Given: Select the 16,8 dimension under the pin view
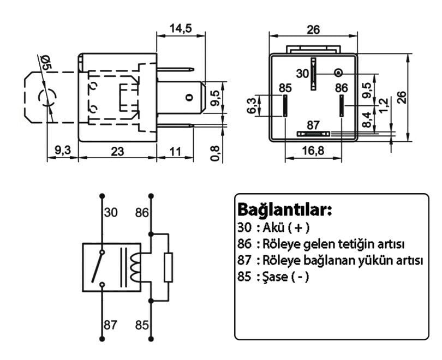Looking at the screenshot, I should pos(313,151).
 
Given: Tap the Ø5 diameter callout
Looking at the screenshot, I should pos(46,61).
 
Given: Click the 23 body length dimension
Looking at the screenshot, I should pos(117,151).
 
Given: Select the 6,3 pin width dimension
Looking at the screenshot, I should pos(252,105).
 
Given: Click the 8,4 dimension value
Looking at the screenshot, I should pos(369,119).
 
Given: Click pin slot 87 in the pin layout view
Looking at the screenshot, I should pos(313,134).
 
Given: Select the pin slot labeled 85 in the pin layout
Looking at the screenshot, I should pos(285,105).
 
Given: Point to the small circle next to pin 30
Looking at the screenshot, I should pos(339,73).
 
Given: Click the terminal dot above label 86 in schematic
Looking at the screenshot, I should pos(151,195).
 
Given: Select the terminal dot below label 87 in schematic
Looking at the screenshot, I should pos(101,339).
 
